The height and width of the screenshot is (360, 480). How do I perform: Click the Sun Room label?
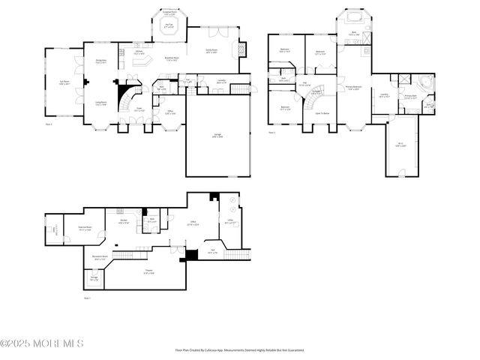point(64,83)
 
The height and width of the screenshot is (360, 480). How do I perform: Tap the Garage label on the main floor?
point(216,136)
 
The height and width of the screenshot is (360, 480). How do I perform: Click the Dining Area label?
point(100,61)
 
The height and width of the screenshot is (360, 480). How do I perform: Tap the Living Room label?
point(100,103)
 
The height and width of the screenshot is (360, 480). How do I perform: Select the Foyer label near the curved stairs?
point(139,109)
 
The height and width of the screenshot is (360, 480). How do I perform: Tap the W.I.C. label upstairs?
point(401,145)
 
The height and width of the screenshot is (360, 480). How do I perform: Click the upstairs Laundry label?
point(384,95)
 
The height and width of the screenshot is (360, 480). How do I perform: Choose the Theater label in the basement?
point(149,272)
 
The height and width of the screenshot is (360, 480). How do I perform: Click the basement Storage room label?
point(94,279)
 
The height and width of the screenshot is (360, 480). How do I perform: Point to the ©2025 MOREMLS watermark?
point(42,343)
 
